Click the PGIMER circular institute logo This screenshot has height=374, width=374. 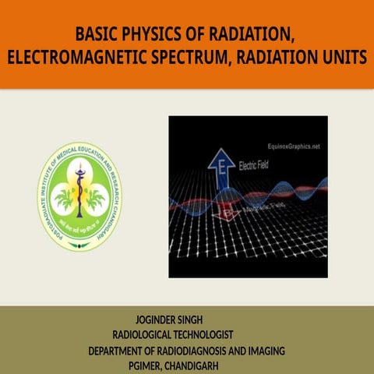coord(79,196)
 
